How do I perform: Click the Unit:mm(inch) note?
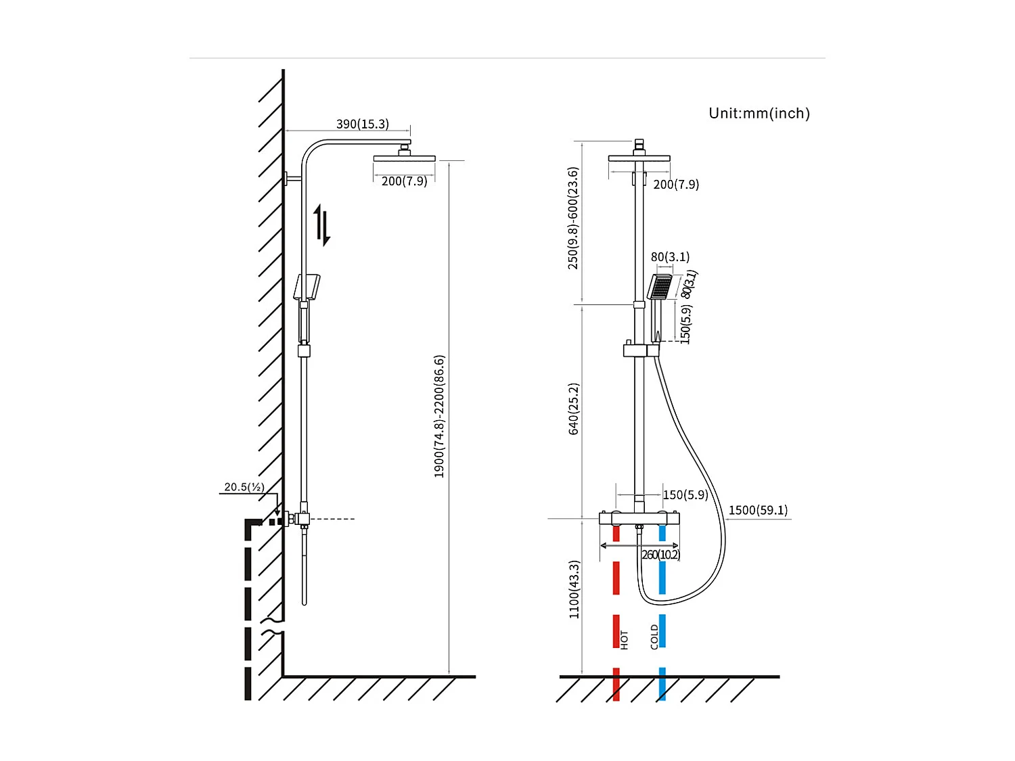(759, 114)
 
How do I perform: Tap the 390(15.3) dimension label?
(363, 124)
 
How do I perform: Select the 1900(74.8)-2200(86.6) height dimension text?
(440, 416)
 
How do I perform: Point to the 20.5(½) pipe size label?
(244, 487)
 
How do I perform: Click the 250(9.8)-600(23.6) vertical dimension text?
(574, 218)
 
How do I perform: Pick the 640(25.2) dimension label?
(574, 409)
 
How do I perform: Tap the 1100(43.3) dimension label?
(574, 589)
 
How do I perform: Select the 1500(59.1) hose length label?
(758, 510)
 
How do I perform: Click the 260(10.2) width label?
(660, 555)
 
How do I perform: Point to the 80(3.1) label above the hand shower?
(670, 257)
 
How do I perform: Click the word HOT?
(625, 640)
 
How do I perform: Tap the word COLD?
(654, 637)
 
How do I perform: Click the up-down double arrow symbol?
(322, 225)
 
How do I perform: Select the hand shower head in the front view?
(660, 287)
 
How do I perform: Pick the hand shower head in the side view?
(307, 287)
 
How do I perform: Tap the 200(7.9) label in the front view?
(676, 184)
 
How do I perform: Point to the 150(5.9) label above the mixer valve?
(685, 495)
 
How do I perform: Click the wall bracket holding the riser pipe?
(294, 179)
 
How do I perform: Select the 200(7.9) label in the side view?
(404, 181)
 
